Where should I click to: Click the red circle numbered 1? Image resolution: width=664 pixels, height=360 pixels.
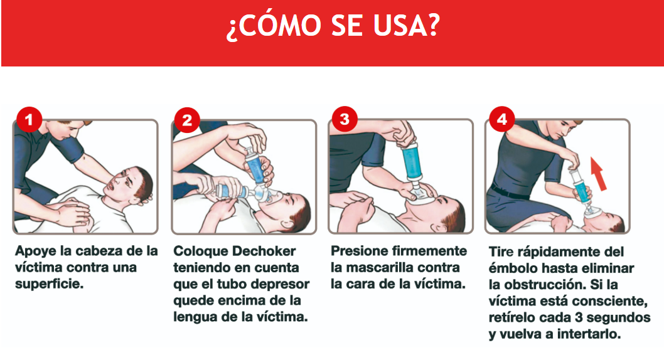(29, 120)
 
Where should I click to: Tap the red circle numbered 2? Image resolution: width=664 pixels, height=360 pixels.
(187, 120)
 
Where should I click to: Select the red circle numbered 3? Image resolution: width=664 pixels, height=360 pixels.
(345, 119)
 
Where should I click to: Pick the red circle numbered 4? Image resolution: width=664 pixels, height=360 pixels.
(502, 119)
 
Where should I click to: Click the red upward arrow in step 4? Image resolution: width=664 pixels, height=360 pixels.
(599, 173)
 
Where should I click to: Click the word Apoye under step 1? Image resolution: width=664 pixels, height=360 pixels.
(36, 251)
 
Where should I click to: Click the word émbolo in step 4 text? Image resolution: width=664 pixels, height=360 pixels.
(513, 268)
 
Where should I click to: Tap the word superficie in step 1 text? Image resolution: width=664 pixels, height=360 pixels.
(49, 284)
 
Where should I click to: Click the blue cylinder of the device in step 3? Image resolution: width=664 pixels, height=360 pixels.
(411, 162)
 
